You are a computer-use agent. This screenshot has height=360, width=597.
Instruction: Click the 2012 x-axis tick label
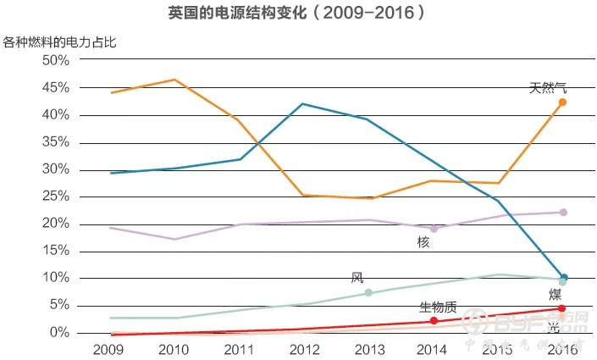coord(303,349)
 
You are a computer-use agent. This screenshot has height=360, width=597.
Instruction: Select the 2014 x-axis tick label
coord(433,349)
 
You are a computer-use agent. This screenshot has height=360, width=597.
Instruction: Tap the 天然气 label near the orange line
coord(548,87)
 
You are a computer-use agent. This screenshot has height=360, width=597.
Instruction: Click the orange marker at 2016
coord(562,102)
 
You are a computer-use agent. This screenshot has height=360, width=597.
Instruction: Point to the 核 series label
coord(423,243)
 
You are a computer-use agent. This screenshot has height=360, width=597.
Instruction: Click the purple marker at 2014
coord(434,229)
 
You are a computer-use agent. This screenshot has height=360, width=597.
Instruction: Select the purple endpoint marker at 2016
coord(562,213)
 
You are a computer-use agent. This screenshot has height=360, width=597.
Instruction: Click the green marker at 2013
coord(368,293)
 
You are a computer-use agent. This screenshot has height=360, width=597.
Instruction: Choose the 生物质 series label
coord(438,307)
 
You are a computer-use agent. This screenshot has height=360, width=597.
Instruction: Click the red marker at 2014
coord(434,321)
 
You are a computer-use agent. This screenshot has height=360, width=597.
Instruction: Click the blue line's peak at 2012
coord(303,104)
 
